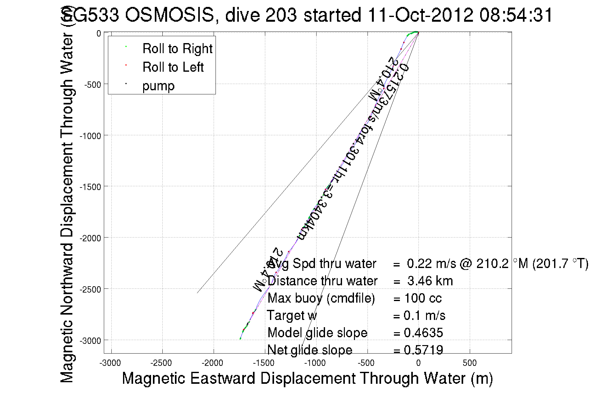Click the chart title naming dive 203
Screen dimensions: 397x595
(x=307, y=15)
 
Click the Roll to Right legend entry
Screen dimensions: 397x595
(x=177, y=49)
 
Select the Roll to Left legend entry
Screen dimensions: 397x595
(x=173, y=67)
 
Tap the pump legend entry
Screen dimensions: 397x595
(x=158, y=86)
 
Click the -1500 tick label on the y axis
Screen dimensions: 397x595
(x=90, y=187)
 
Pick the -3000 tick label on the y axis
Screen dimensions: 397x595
(x=90, y=341)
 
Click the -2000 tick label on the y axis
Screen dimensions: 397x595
(x=90, y=238)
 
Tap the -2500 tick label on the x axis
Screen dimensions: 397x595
(x=161, y=363)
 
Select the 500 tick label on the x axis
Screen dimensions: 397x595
(x=469, y=363)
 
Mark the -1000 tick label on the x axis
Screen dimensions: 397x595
(x=315, y=363)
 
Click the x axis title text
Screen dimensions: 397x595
(x=307, y=378)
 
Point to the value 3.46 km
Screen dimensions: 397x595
(x=430, y=281)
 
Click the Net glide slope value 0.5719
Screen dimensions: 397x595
(x=423, y=350)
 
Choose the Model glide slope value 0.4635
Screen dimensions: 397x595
(x=423, y=333)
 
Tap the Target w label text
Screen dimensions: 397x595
(x=292, y=316)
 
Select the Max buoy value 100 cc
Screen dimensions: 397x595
(x=423, y=298)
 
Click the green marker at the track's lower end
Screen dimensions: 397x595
(x=240, y=338)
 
